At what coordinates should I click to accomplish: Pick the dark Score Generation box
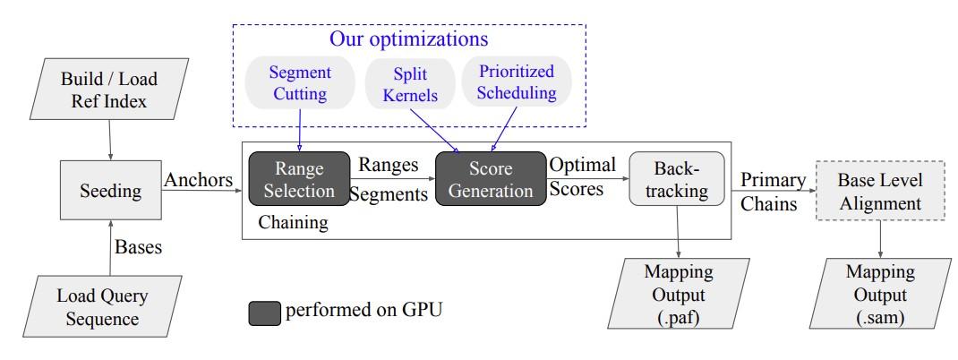[x=491, y=178]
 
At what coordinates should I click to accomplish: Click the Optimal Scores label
[x=581, y=178]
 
